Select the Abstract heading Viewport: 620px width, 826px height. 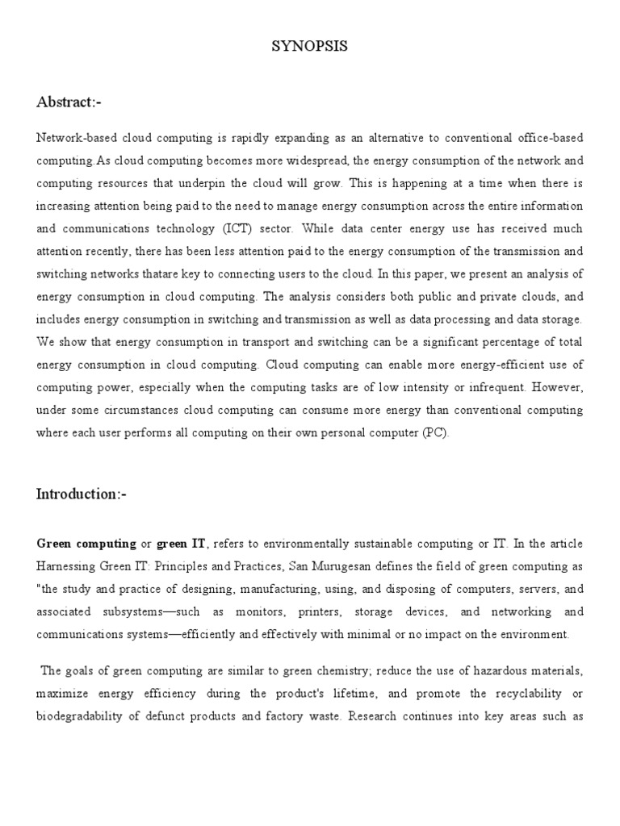click(x=69, y=102)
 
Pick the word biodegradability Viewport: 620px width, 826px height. click(x=82, y=715)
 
